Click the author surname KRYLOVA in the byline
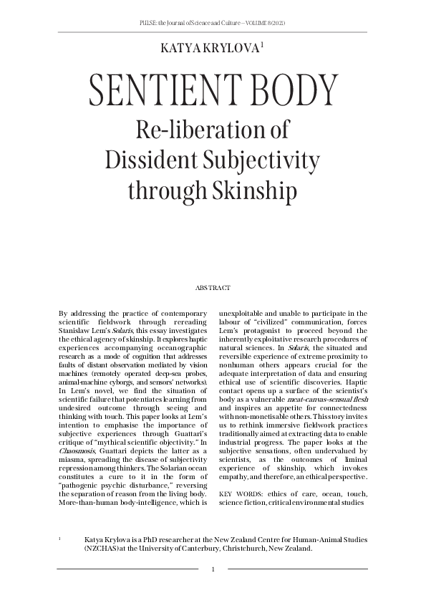231,48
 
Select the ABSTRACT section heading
213,287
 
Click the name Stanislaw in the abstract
75,332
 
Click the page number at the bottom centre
213,570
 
